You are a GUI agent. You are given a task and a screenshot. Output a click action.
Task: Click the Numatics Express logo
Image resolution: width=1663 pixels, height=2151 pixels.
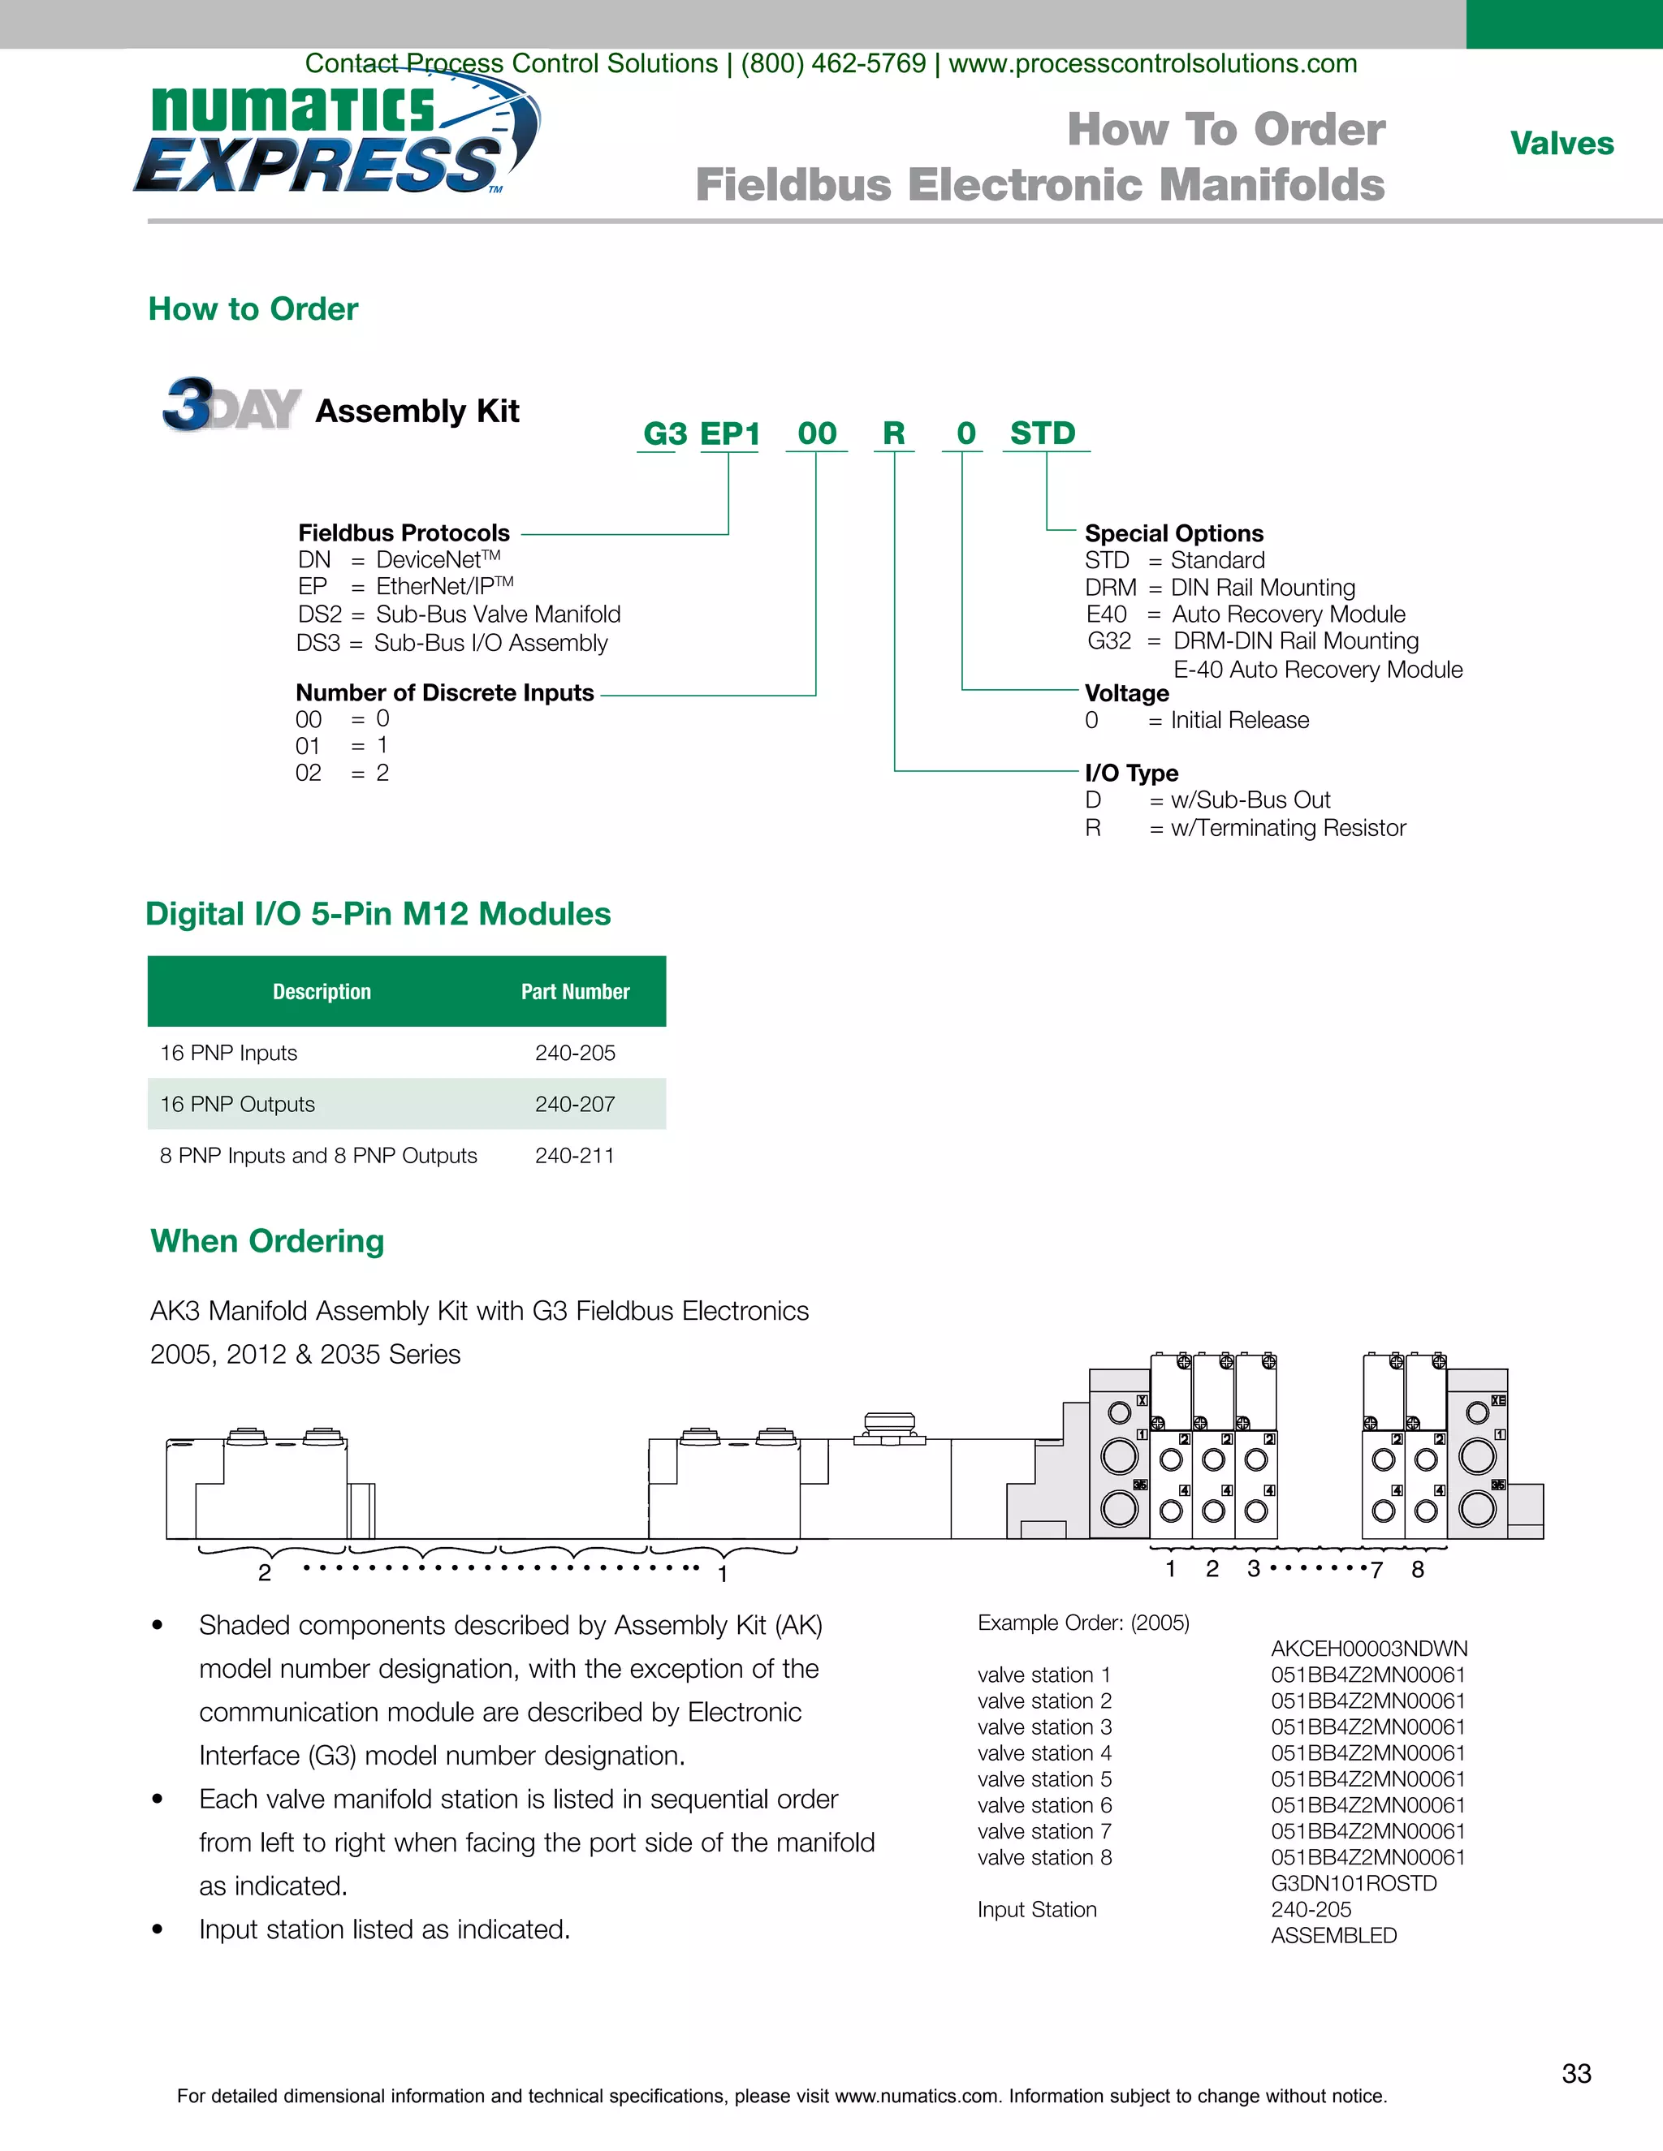(x=335, y=138)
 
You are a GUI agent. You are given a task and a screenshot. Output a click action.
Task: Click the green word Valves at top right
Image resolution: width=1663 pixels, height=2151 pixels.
(x=1561, y=144)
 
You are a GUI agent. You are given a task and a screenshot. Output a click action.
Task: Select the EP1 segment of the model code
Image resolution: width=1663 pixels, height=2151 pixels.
(x=730, y=433)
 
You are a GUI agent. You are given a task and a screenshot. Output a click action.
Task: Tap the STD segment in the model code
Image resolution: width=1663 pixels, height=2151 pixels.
(x=1043, y=433)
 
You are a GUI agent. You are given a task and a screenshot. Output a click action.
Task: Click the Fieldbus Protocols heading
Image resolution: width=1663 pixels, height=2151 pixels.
(x=404, y=532)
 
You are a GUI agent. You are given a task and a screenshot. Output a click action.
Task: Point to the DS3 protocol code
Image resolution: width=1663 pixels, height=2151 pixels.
(x=318, y=643)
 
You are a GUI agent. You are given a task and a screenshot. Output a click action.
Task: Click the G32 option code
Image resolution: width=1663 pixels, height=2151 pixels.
(x=1108, y=641)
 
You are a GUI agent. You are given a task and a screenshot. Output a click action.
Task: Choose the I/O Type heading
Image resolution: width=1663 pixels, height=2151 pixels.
(x=1131, y=773)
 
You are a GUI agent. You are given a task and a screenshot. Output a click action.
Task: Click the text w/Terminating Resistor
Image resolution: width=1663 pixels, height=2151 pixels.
(x=1288, y=828)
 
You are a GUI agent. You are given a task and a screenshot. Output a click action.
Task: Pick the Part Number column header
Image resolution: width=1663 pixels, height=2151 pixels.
(x=576, y=992)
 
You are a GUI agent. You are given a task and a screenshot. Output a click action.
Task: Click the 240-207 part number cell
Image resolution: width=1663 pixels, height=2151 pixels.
(x=574, y=1104)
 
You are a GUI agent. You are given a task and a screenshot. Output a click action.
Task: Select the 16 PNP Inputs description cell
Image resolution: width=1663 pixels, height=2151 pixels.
(x=228, y=1053)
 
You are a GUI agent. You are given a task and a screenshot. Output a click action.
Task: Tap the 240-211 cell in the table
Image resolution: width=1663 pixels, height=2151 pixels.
(x=574, y=1155)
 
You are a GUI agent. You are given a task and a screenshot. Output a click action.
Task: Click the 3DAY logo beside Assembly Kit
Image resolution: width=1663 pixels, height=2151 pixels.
(x=231, y=406)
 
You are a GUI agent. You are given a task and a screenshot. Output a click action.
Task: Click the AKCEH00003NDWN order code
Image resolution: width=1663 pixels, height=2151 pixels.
(x=1368, y=1649)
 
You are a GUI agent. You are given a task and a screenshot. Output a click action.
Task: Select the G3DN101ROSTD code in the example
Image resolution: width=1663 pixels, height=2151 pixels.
(x=1354, y=1883)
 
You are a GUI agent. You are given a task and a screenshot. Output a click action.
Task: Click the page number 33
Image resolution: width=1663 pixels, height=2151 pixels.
(x=1576, y=2073)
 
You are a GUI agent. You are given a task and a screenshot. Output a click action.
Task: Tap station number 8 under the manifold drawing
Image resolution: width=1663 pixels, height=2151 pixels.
(x=1418, y=1569)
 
